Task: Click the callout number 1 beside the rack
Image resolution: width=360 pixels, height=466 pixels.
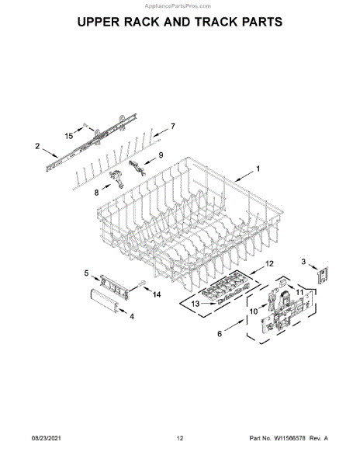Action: [x=258, y=169]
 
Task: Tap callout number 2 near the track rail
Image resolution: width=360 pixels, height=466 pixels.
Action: [x=37, y=146]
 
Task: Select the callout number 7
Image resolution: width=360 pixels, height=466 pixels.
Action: [x=172, y=127]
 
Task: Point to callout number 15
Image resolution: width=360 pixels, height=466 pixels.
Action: [x=69, y=136]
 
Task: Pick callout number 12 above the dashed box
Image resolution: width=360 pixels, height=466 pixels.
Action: [x=269, y=263]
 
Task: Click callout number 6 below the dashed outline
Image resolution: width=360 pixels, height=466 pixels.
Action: [x=220, y=334]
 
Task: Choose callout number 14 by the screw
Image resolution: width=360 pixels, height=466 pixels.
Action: [x=157, y=294]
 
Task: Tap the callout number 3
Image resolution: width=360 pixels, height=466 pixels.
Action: [x=303, y=262]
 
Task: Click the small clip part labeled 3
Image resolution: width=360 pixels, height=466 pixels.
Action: [x=324, y=275]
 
